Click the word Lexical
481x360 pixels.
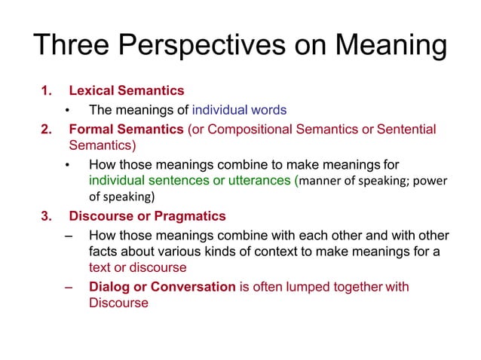(92, 91)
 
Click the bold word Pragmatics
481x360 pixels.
(193, 217)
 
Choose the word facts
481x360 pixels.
(102, 251)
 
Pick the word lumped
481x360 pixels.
(306, 286)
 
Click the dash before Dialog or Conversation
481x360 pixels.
(69, 286)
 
